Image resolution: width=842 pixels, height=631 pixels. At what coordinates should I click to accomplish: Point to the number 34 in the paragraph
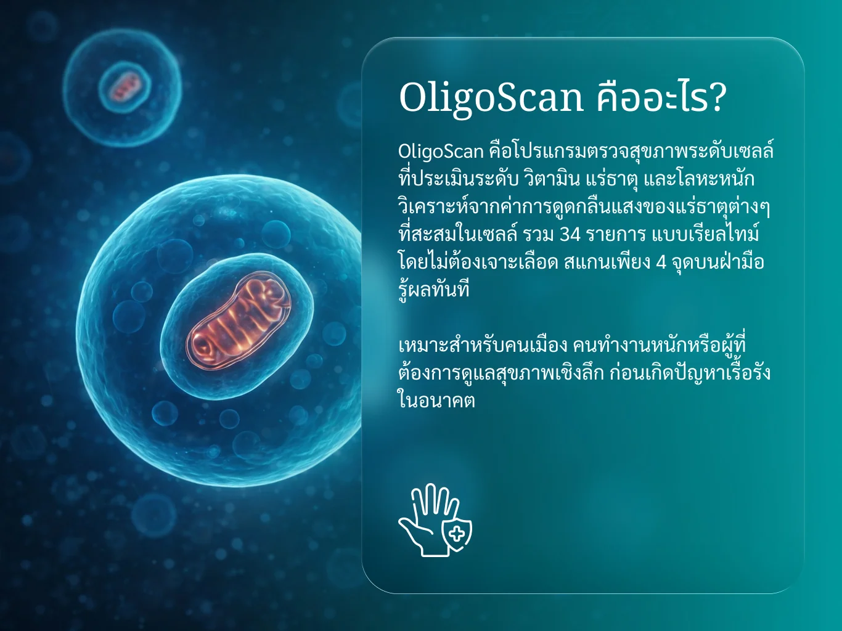tap(570, 235)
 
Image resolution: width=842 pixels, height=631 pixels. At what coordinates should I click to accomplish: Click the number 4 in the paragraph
tap(661, 263)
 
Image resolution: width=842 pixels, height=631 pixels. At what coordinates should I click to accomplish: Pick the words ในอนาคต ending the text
tap(436, 400)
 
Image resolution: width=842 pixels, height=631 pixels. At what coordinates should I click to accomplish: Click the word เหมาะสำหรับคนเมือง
tap(483, 345)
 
